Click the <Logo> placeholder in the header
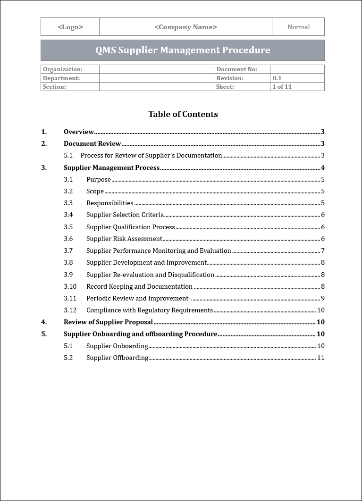click(70, 27)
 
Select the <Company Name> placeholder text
click(185, 27)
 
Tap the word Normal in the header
click(298, 27)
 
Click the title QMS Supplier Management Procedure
click(183, 50)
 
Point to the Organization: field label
click(62, 69)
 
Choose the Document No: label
click(236, 69)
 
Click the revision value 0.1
click(277, 78)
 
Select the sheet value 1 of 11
click(282, 87)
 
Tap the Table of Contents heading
click(183, 114)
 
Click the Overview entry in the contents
click(79, 132)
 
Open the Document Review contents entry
click(92, 144)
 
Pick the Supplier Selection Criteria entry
click(125, 215)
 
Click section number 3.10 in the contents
click(70, 286)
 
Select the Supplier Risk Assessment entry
click(124, 239)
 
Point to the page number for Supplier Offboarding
click(320, 358)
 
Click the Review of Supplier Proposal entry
click(108, 322)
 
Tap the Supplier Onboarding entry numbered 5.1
click(117, 346)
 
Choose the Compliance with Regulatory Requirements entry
click(149, 310)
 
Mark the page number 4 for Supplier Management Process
click(322, 167)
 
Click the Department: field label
click(61, 78)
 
